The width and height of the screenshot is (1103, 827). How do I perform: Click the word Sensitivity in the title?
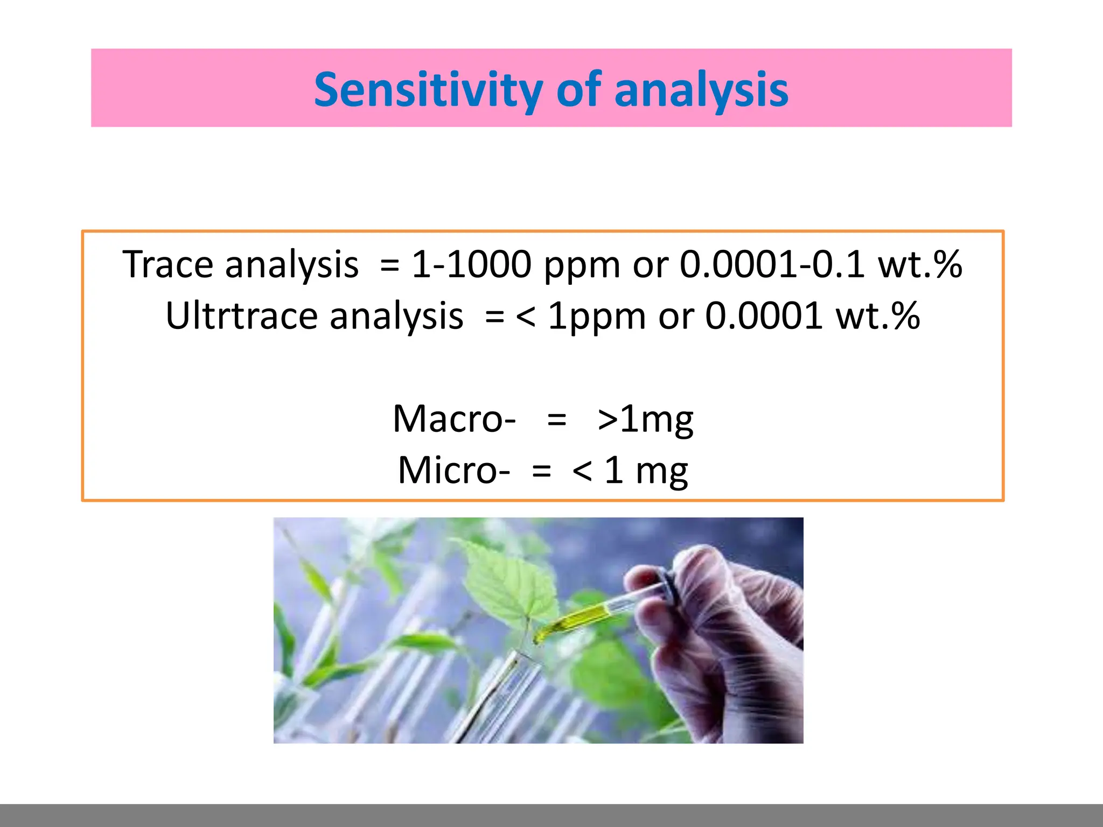pyautogui.click(x=428, y=90)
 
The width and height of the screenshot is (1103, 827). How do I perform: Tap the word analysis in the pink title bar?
pyautogui.click(x=701, y=90)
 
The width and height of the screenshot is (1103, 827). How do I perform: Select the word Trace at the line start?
pyautogui.click(x=167, y=264)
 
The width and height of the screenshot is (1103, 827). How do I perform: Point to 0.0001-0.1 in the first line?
pyautogui.click(x=772, y=264)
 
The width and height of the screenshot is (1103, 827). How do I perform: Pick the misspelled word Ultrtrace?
pyautogui.click(x=241, y=316)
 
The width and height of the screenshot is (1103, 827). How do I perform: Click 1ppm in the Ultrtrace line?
pyautogui.click(x=596, y=316)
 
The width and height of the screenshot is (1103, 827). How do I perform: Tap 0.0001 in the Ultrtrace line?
pyautogui.click(x=764, y=316)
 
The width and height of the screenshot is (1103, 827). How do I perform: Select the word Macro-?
pyautogui.click(x=455, y=419)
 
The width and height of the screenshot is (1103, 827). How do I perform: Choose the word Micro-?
pyautogui.click(x=453, y=470)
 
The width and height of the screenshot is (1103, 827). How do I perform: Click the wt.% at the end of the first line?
pyautogui.click(x=920, y=264)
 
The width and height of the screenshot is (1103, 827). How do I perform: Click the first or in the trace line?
pyautogui.click(x=650, y=265)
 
